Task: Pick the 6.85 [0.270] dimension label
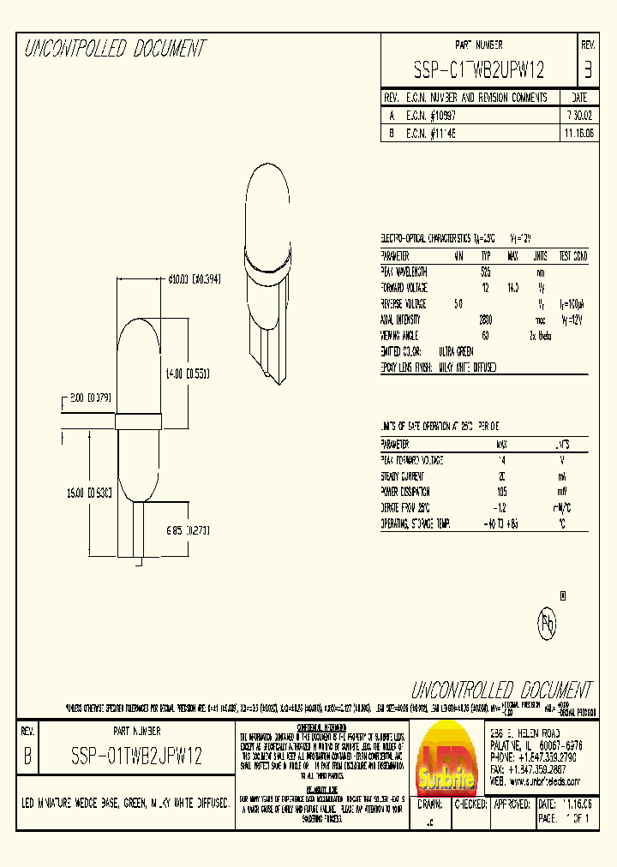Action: (187, 531)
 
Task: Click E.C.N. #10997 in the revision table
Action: (434, 114)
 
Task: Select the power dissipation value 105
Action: (501, 492)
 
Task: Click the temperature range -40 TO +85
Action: (501, 523)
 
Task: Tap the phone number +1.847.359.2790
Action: (549, 757)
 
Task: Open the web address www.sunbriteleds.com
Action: (549, 781)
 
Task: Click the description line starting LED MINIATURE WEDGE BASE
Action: (126, 804)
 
